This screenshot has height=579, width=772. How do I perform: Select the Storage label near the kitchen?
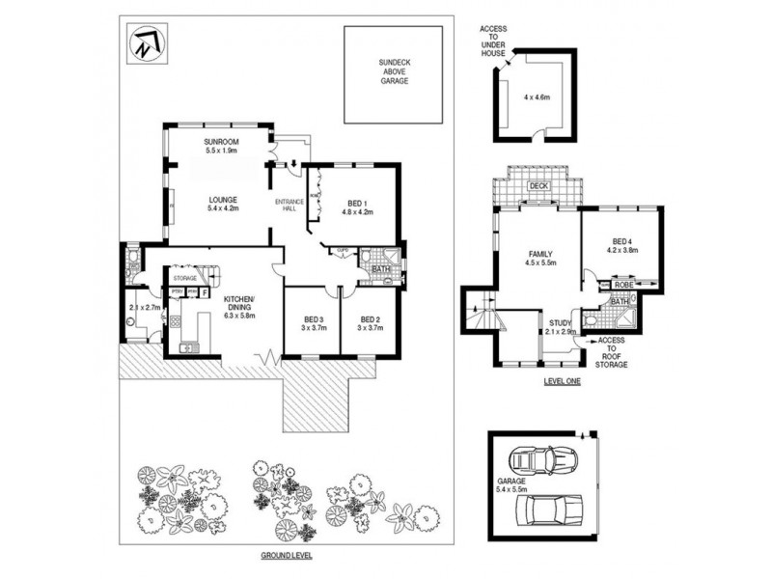[x=185, y=278]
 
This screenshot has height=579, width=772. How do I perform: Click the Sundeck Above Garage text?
[x=393, y=70]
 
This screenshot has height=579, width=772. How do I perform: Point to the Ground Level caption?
[x=287, y=557]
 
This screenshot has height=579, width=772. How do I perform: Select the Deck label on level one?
[x=539, y=187]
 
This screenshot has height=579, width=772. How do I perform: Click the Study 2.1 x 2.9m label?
[x=561, y=327]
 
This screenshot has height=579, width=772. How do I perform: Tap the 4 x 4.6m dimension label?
[x=536, y=97]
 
